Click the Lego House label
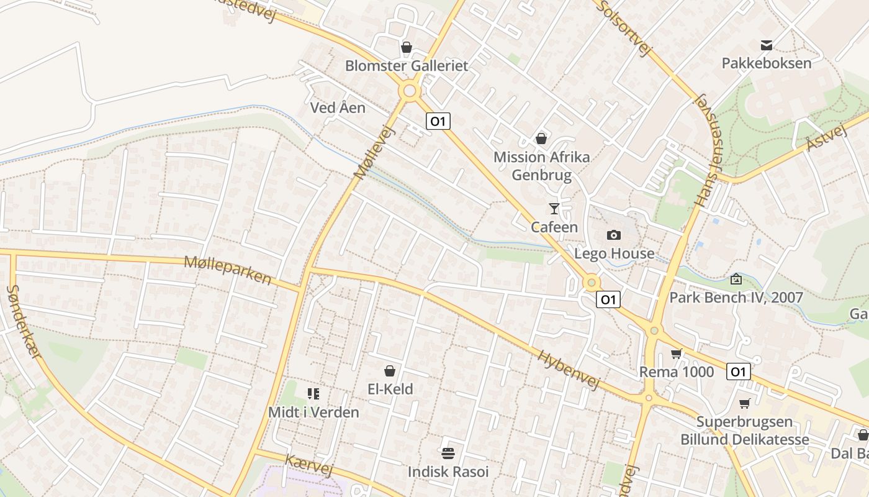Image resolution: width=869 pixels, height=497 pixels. (x=614, y=253)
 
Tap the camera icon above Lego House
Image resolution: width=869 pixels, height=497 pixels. (x=614, y=235)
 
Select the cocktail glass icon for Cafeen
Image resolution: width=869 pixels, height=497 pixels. (x=554, y=209)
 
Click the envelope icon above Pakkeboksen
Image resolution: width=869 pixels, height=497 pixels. (x=766, y=45)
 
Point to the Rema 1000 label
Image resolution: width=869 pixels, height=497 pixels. (x=677, y=372)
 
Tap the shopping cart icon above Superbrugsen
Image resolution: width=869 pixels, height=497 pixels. (x=745, y=404)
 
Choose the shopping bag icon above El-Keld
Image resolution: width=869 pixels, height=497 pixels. (x=390, y=371)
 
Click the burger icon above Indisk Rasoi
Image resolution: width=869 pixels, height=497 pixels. (x=448, y=453)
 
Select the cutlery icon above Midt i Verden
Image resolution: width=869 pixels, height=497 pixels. (x=313, y=393)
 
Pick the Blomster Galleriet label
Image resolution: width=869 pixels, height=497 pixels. (x=406, y=65)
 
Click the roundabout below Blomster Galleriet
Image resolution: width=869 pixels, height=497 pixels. (x=409, y=91)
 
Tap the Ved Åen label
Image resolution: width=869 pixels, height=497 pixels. (x=338, y=107)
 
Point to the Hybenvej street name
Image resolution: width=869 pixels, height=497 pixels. (x=568, y=370)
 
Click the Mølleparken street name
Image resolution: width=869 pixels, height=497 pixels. (x=228, y=270)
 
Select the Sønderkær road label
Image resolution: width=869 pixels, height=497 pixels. (x=24, y=321)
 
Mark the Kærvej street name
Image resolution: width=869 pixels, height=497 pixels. (x=308, y=465)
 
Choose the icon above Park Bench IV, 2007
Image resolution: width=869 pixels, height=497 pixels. (x=736, y=279)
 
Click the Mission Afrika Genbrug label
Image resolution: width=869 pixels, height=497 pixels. (x=541, y=166)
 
